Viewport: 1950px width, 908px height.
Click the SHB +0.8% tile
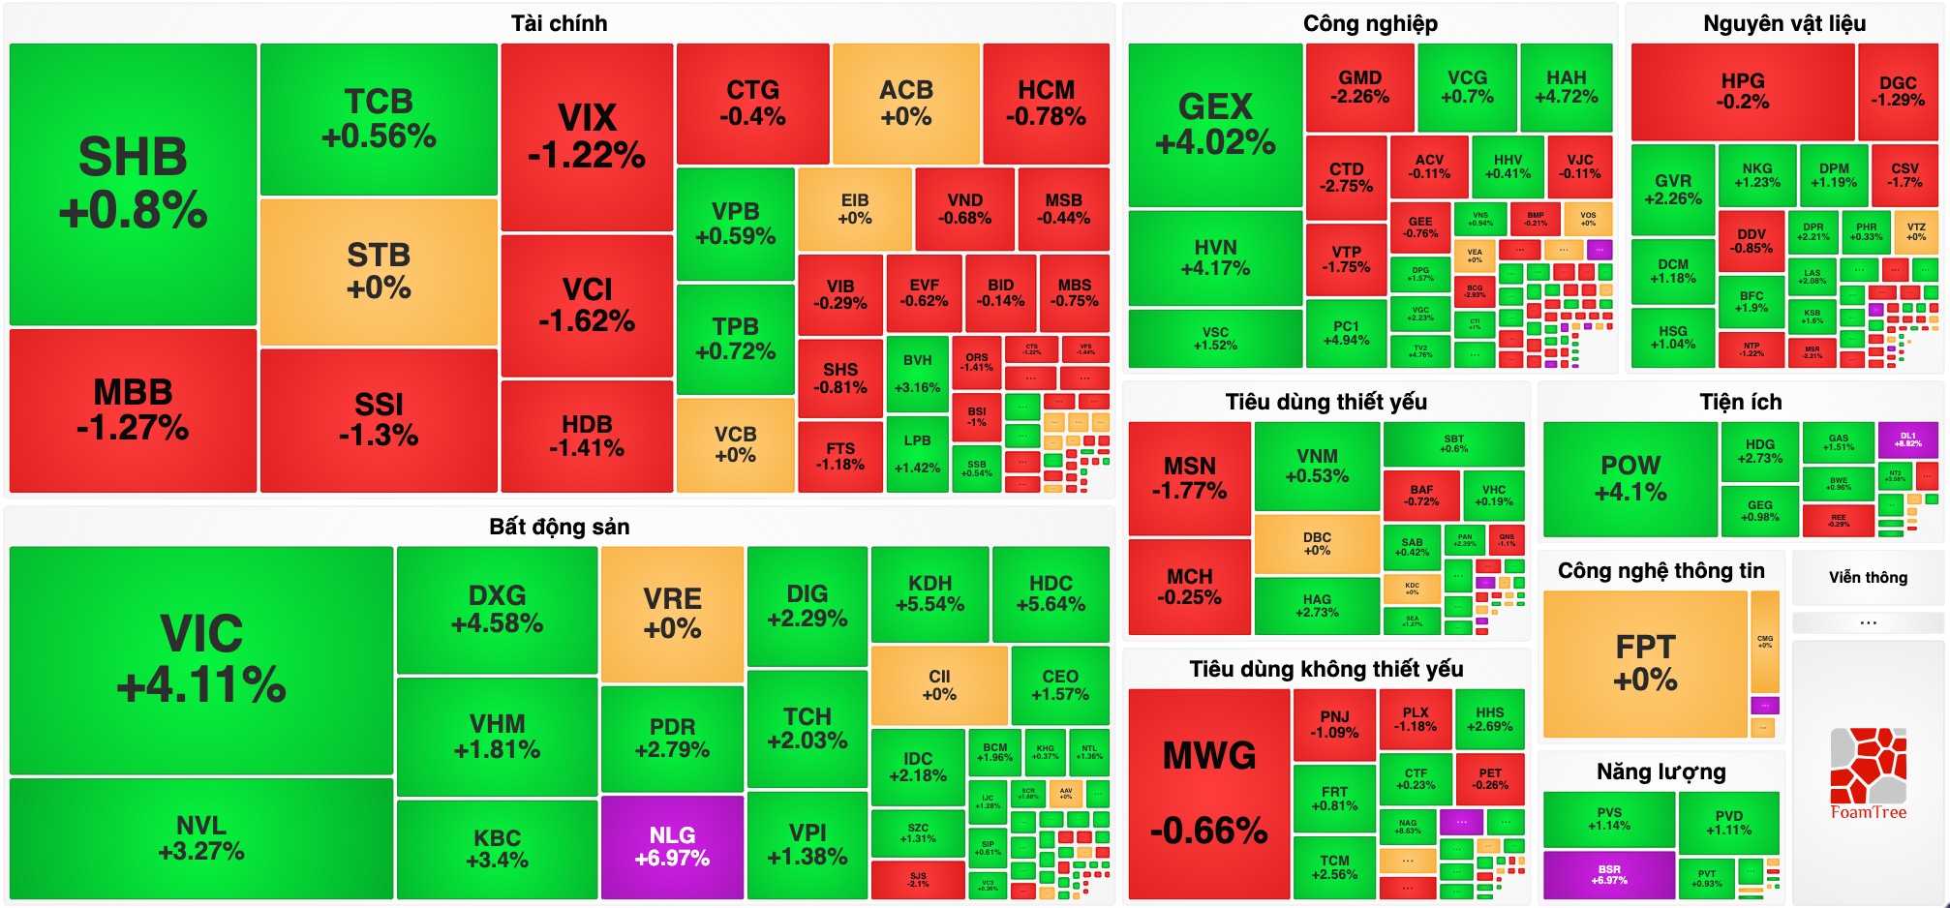(x=133, y=184)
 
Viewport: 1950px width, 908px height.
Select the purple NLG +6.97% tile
(x=672, y=846)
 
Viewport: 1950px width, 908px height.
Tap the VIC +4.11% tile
(x=201, y=659)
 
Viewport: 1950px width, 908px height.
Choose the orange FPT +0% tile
(x=1645, y=663)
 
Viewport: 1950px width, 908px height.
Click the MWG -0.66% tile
(x=1209, y=793)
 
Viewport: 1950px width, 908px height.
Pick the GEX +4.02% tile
(x=1215, y=124)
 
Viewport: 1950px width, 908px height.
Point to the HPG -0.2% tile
(x=1743, y=91)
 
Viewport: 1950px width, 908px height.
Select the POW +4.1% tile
(x=1630, y=478)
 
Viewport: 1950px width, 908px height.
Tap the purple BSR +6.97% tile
(x=1609, y=874)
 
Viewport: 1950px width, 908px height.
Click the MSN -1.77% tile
(x=1189, y=478)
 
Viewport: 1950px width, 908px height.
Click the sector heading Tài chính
(x=559, y=23)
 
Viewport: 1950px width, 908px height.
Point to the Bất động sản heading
(x=559, y=527)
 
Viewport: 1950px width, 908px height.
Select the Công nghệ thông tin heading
(x=1661, y=571)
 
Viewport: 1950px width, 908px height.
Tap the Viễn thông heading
(x=1868, y=578)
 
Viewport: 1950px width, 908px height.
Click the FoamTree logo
(x=1868, y=774)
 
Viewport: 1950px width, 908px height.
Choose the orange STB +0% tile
(x=379, y=271)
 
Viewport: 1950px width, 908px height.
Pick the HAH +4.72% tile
(x=1566, y=87)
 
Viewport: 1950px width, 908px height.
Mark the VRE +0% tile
(x=672, y=614)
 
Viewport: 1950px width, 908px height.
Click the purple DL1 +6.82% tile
(x=1907, y=439)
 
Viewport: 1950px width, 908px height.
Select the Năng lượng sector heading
(x=1661, y=772)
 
